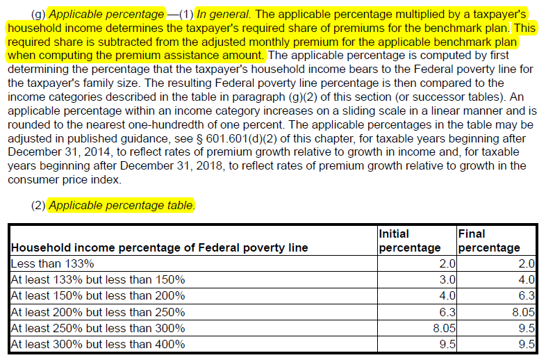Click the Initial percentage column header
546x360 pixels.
point(410,240)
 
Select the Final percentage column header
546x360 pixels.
point(489,240)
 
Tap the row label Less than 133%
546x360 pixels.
point(52,264)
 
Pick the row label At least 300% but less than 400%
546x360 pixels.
point(98,344)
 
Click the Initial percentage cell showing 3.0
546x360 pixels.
point(447,280)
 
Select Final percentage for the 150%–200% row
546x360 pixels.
point(527,296)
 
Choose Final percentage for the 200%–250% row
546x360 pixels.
point(523,312)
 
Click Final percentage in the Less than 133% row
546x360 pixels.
point(527,264)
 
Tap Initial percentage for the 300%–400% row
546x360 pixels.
point(447,344)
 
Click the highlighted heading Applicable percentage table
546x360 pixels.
point(121,205)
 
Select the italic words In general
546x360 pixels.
point(224,15)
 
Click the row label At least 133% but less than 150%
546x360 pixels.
point(98,280)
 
